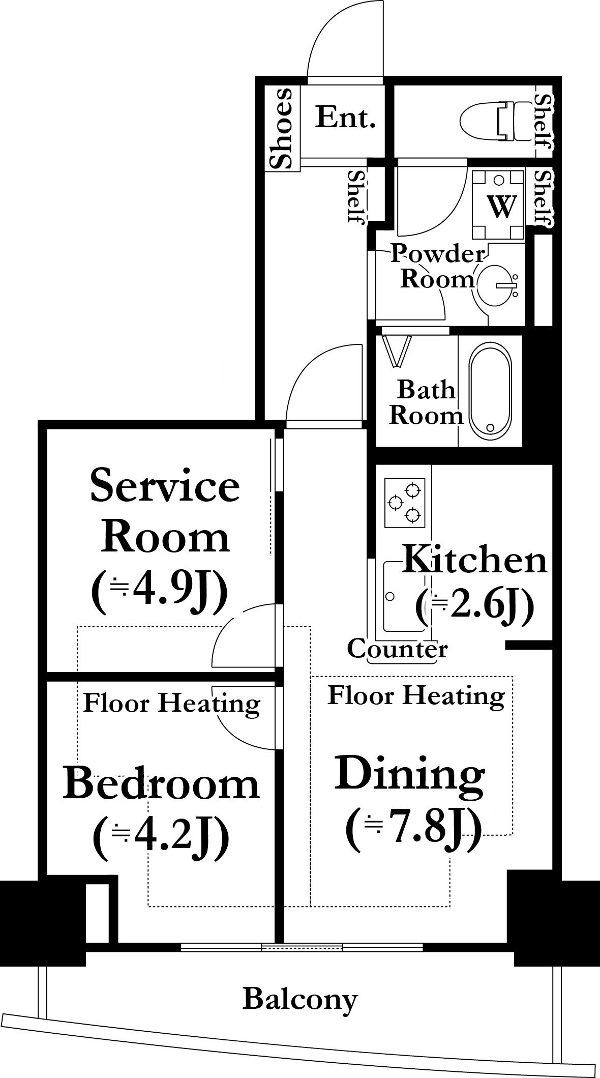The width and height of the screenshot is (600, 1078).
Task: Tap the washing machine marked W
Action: click(498, 205)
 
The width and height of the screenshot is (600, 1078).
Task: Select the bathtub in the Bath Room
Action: click(490, 390)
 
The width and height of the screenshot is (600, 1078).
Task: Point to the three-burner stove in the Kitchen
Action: click(405, 503)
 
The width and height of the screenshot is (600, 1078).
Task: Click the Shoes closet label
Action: click(282, 128)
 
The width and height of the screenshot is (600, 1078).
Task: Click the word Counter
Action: click(397, 649)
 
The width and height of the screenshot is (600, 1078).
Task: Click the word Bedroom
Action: click(161, 784)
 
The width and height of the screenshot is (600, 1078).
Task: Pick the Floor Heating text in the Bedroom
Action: click(171, 704)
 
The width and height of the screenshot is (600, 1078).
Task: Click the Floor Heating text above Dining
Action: click(416, 695)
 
